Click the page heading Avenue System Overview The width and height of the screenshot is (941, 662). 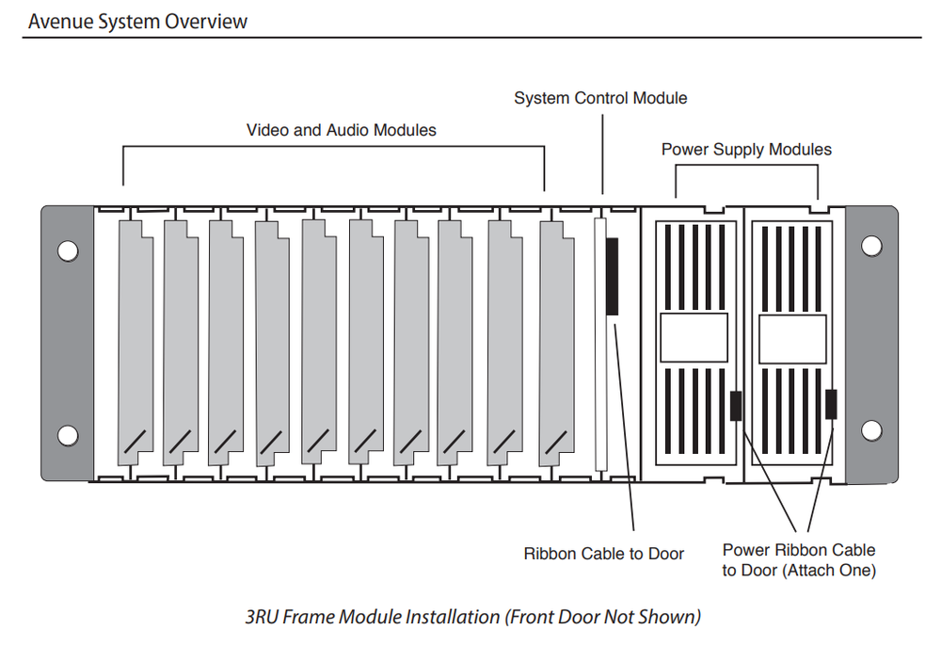pos(137,21)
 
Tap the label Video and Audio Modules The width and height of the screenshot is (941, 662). pos(342,130)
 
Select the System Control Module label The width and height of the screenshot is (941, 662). pos(600,98)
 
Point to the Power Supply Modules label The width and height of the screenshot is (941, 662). pos(746,149)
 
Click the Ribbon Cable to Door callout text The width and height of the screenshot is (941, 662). pos(603,554)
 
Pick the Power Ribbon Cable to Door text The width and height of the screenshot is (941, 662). pos(799,559)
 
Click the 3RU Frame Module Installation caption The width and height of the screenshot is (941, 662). pos(473,618)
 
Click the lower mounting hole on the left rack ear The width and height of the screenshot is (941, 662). pos(68,435)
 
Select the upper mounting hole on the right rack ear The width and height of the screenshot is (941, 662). pos(871,246)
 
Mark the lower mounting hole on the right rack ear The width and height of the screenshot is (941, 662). pos(871,431)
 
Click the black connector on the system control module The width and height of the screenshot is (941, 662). pos(612,276)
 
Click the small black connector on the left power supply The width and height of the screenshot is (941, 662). pos(736,405)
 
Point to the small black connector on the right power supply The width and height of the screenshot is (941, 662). pos(831,404)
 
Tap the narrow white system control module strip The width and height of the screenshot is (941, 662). pos(598,344)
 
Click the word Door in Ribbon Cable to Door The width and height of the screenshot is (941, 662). pos(664,554)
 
